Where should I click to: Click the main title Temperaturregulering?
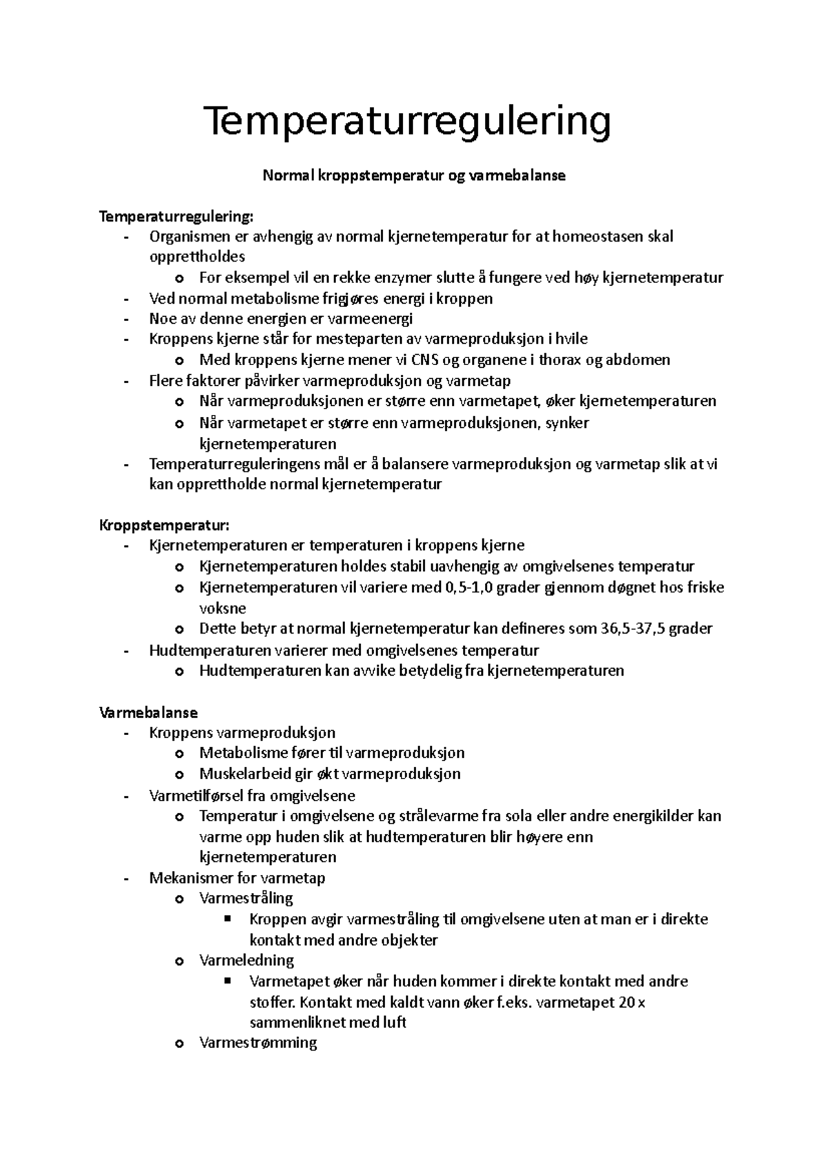point(407,122)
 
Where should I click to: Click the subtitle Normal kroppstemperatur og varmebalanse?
point(413,175)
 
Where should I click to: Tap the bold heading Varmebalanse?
point(148,712)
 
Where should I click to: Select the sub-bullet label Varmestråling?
point(246,899)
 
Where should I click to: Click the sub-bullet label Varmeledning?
point(246,961)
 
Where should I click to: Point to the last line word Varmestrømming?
point(257,1043)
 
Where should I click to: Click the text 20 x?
point(631,1002)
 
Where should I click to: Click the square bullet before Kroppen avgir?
point(228,919)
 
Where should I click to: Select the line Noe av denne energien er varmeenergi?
point(281,319)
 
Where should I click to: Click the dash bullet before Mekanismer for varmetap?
point(126,879)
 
